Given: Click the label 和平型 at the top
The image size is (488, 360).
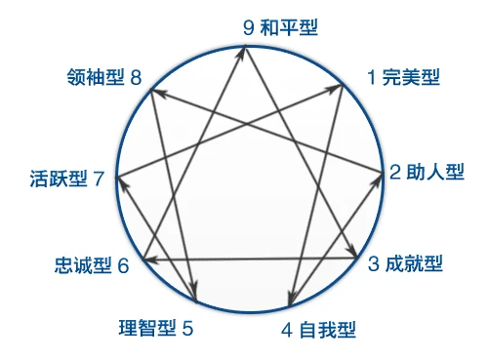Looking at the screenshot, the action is point(289,26).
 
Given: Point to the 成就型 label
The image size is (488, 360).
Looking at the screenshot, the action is point(412,263).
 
